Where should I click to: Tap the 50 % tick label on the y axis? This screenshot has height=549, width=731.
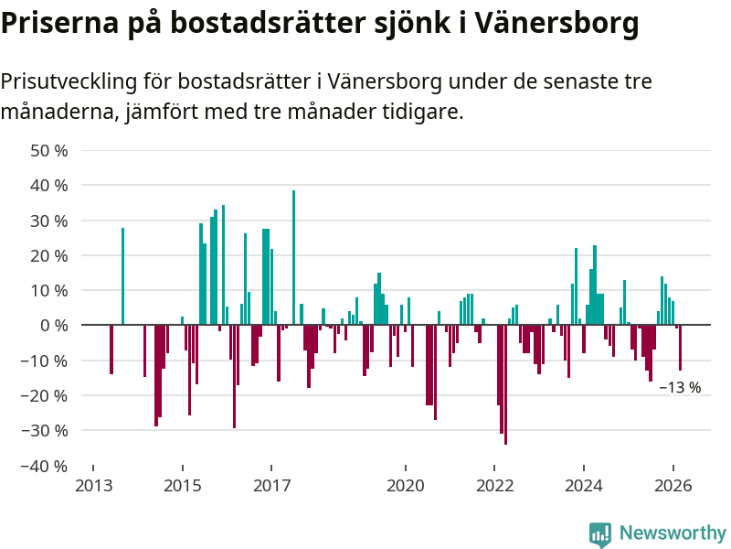49,150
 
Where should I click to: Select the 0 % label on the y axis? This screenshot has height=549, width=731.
54,326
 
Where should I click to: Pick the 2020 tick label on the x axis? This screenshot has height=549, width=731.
406,486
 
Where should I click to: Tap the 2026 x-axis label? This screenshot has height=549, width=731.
673,486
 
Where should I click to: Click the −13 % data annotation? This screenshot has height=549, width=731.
680,388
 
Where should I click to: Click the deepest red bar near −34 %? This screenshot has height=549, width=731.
505,384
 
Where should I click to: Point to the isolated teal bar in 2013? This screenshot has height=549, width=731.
122,276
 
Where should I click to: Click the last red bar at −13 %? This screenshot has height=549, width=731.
680,348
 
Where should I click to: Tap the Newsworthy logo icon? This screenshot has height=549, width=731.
599,534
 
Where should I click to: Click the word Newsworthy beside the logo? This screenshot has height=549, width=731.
673,533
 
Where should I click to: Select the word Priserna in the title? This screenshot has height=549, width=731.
62,25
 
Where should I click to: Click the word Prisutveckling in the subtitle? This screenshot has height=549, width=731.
69,81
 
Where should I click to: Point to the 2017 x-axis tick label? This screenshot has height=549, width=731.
271,486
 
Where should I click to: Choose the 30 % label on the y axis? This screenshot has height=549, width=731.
49,221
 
